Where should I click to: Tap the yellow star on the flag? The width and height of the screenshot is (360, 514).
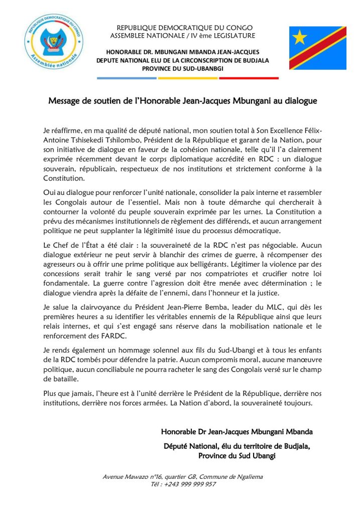click(300, 37)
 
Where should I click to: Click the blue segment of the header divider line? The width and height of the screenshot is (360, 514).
click(127, 78)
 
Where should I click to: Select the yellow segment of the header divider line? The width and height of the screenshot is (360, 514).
click(188, 78)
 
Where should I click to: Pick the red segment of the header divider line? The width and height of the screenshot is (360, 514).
click(249, 78)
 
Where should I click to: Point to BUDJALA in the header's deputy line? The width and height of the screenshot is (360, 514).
click(254, 60)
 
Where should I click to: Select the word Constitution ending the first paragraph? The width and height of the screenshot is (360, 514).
click(63, 178)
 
